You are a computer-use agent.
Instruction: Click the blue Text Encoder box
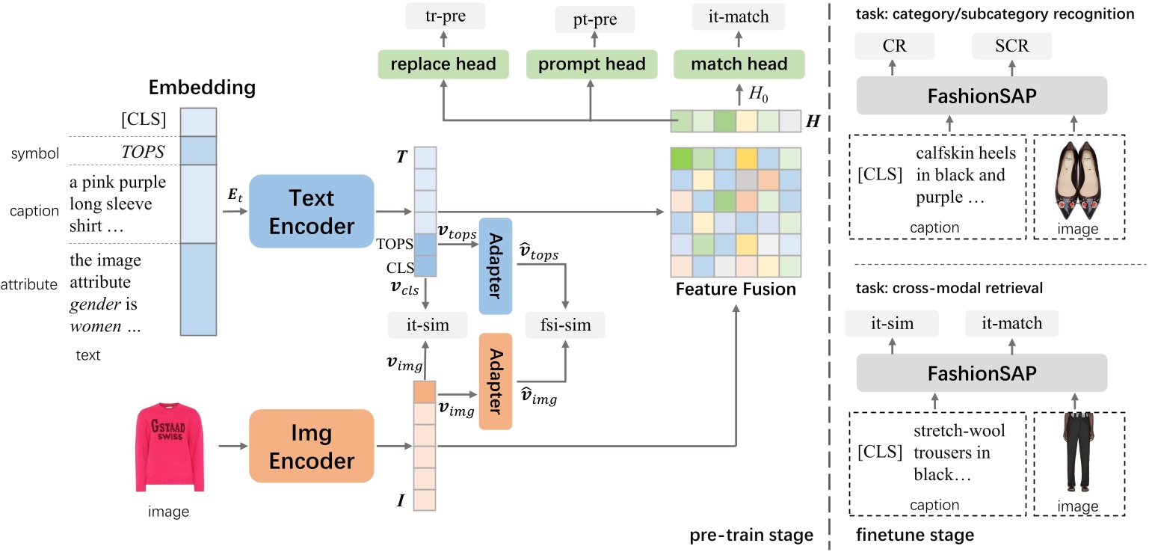[311, 212]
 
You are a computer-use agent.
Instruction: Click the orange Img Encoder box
[311, 446]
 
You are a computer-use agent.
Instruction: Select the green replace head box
[443, 64]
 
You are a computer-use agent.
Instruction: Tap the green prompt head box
[591, 64]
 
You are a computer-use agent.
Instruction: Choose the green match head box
[739, 64]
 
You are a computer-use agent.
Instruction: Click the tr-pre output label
[446, 16]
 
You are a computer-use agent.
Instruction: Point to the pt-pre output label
[595, 19]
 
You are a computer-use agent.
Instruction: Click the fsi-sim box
[565, 325]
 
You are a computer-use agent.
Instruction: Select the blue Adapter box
[496, 266]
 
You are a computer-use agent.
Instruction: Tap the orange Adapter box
[496, 381]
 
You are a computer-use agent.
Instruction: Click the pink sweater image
[170, 447]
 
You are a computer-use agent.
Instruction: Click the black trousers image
[1078, 451]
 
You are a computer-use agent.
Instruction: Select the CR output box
[894, 46]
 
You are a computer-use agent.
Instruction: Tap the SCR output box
[1011, 46]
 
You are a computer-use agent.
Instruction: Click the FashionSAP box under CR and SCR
[982, 96]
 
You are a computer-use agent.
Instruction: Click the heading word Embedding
[202, 88]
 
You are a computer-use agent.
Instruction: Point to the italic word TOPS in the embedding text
[143, 152]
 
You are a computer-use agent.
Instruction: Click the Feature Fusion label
[736, 289]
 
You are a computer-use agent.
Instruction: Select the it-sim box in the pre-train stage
[428, 325]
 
